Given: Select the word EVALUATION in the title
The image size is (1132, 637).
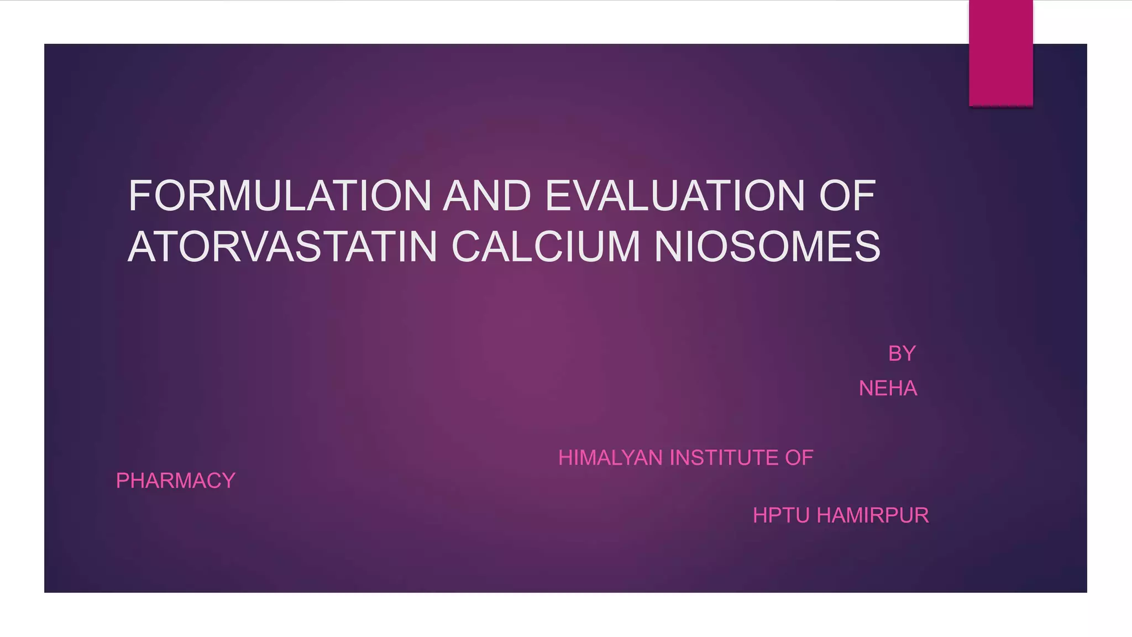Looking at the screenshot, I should tap(675, 196).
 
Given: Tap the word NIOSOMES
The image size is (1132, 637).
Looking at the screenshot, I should tap(767, 247).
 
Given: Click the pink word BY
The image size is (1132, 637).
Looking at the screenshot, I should tap(902, 354).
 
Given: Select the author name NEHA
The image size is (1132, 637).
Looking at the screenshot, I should tap(888, 389).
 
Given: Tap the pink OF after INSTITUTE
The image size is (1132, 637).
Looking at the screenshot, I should tap(799, 458).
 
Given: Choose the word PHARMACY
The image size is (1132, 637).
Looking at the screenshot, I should tap(176, 481).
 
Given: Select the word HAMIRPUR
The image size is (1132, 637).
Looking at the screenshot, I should tap(873, 515).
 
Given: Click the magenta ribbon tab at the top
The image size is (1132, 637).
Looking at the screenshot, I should tap(1000, 53).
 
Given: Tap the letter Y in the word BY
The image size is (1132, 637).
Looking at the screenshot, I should tap(909, 354).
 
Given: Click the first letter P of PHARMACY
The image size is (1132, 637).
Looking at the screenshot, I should tap(122, 481).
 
